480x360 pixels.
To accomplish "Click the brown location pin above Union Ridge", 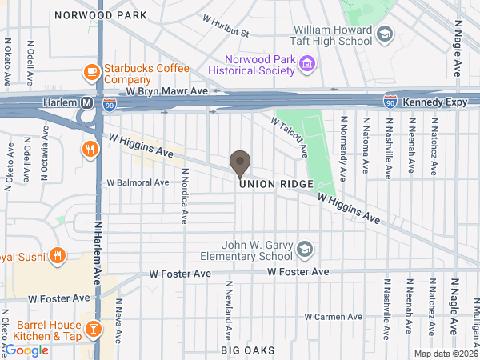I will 239,162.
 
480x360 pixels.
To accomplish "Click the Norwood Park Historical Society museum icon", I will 305,64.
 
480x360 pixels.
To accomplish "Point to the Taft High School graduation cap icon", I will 385,34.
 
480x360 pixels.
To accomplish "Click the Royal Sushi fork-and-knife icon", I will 57,257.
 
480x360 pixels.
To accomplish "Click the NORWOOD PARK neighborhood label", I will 100,15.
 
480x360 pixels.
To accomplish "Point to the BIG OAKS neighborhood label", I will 248,350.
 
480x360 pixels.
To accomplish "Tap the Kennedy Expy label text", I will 433,103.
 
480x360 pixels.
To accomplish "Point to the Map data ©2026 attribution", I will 446,354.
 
